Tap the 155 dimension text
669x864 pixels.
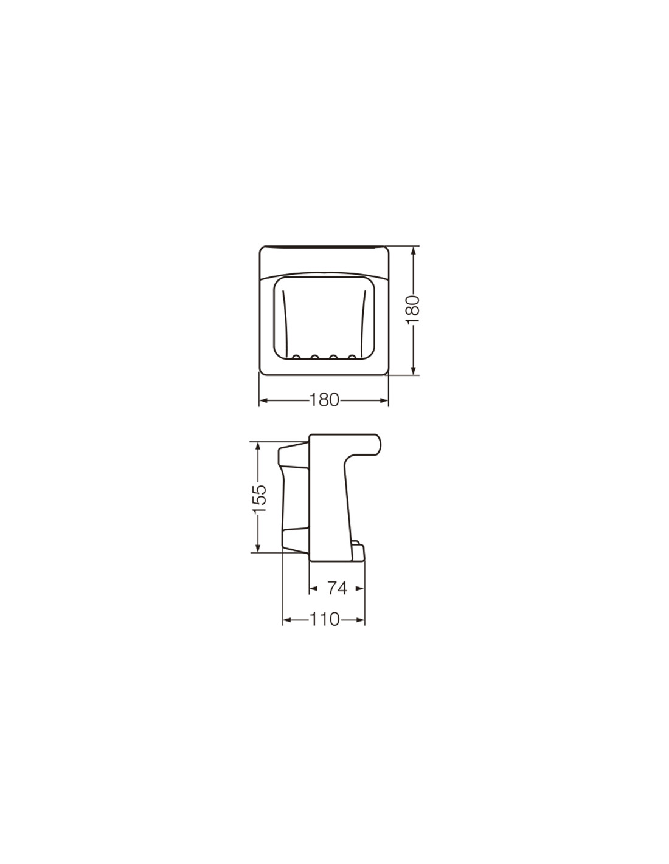(260, 499)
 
